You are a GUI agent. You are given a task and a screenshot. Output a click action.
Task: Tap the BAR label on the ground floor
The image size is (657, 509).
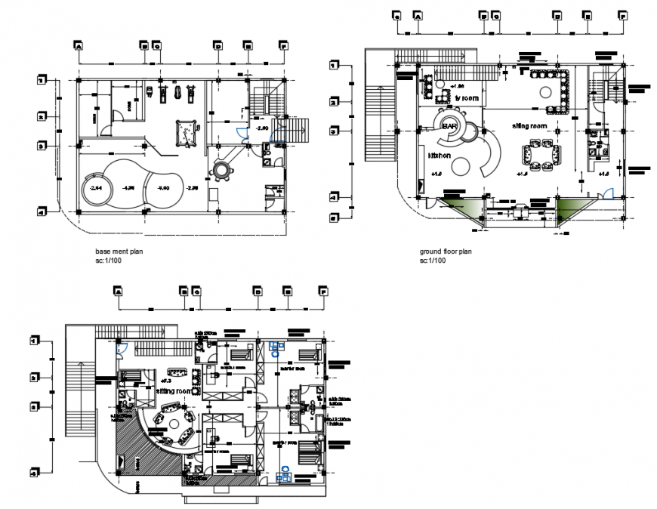(x=451, y=125)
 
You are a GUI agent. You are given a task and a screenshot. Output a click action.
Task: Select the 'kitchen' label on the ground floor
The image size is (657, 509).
(x=440, y=155)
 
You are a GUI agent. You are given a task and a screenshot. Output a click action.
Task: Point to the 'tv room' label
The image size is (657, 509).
(x=467, y=98)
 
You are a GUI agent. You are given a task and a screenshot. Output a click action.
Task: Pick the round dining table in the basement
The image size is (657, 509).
(x=223, y=170)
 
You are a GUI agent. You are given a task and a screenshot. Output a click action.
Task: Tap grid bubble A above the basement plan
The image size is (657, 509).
(x=78, y=45)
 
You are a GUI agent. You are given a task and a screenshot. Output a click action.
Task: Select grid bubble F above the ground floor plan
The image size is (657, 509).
(x=622, y=14)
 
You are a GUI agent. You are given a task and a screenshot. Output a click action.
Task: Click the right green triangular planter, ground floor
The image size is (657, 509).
(x=572, y=207)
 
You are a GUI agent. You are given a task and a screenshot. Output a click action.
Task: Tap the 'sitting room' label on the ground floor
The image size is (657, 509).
(x=529, y=125)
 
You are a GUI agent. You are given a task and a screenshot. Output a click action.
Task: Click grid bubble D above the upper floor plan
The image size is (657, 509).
(x=258, y=290)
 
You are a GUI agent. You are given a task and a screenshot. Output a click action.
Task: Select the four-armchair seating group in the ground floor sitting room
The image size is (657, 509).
(x=541, y=156)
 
